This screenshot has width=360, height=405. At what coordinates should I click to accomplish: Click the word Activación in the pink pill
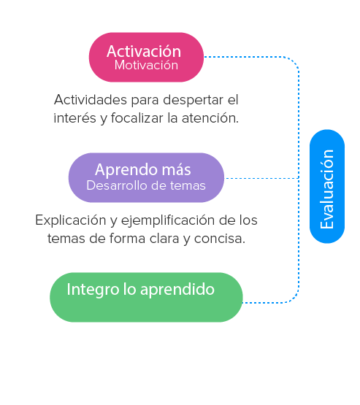pyautogui.click(x=144, y=51)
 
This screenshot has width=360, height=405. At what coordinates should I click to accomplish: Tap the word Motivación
pyautogui.click(x=146, y=65)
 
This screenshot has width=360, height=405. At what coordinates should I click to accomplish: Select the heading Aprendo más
pyautogui.click(x=143, y=170)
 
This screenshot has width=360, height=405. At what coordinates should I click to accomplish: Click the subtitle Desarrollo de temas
pyautogui.click(x=146, y=185)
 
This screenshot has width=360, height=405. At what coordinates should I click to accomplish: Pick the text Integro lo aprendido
pyautogui.click(x=141, y=289)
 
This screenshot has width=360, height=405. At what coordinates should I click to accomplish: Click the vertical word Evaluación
pyautogui.click(x=327, y=189)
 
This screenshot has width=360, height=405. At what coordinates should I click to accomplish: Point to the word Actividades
pyautogui.click(x=91, y=100)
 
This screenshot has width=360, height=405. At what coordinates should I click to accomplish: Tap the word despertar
pyautogui.click(x=193, y=100)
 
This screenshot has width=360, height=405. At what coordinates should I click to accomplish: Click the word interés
pyautogui.click(x=75, y=118)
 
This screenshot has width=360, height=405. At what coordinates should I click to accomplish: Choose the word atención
pyautogui.click(x=210, y=118)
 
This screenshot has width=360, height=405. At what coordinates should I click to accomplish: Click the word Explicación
pyautogui.click(x=71, y=220)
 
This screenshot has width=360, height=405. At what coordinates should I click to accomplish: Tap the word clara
pyautogui.click(x=164, y=239)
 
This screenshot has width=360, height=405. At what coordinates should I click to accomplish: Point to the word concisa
pyautogui.click(x=220, y=239)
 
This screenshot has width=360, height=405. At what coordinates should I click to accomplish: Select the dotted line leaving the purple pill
pyautogui.click(x=262, y=178)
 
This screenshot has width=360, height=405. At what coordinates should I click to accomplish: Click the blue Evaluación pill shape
pyautogui.click(x=327, y=186)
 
